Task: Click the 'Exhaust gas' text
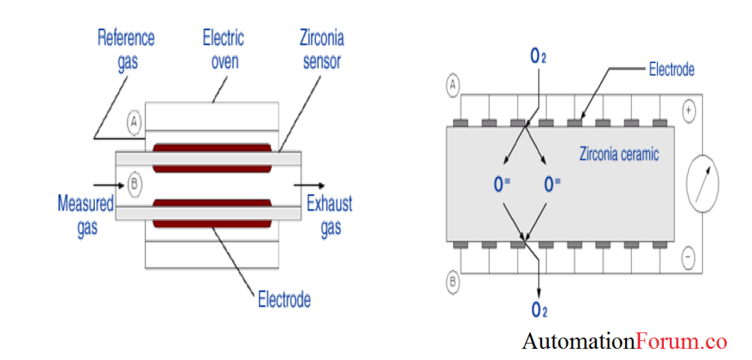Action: (330, 215)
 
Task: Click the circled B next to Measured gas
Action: (134, 184)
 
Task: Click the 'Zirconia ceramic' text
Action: (619, 154)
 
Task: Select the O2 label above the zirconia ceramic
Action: (538, 56)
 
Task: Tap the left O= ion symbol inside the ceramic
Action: (501, 184)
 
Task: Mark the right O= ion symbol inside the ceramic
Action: (552, 184)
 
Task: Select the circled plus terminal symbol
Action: (689, 112)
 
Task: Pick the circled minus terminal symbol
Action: (689, 257)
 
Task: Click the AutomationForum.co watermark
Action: (624, 341)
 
